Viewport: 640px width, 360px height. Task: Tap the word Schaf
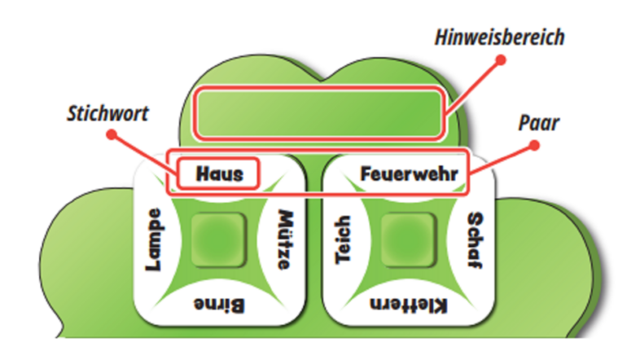(x=476, y=235)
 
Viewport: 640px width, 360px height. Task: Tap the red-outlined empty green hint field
(x=320, y=112)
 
